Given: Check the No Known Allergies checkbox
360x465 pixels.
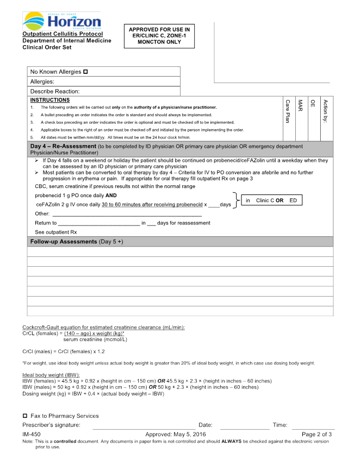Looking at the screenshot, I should tap(85, 72).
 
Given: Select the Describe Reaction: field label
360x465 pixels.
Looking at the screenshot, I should tap(55, 91).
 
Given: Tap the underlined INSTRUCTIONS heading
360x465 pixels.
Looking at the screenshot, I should tap(50, 100).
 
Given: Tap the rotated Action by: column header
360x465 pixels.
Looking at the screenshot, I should tap(325, 111).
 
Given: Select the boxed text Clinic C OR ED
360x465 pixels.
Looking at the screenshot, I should tap(271, 200).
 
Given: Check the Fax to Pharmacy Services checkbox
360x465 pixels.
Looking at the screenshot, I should tap(25, 416).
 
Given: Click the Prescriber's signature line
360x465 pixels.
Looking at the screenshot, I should tap(144, 425).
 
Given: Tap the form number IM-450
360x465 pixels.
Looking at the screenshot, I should tap(32, 435).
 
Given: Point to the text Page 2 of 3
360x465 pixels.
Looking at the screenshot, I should tap(316, 435).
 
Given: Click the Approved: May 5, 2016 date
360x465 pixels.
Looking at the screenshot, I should tap(176, 435).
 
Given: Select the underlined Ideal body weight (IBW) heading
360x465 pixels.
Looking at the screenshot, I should tap(51, 375).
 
